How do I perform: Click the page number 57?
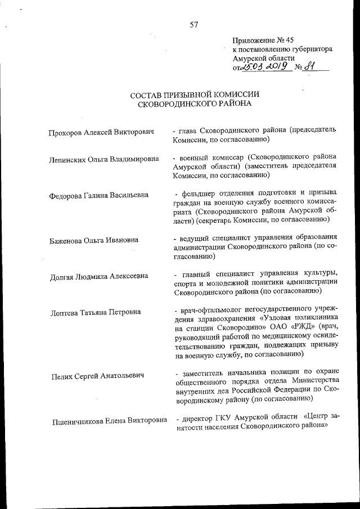194,24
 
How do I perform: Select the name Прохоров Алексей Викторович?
102,132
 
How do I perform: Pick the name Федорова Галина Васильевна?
99,195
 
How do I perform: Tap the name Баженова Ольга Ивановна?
93,240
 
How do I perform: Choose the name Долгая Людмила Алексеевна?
98,276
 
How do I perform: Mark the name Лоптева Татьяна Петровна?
95,312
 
